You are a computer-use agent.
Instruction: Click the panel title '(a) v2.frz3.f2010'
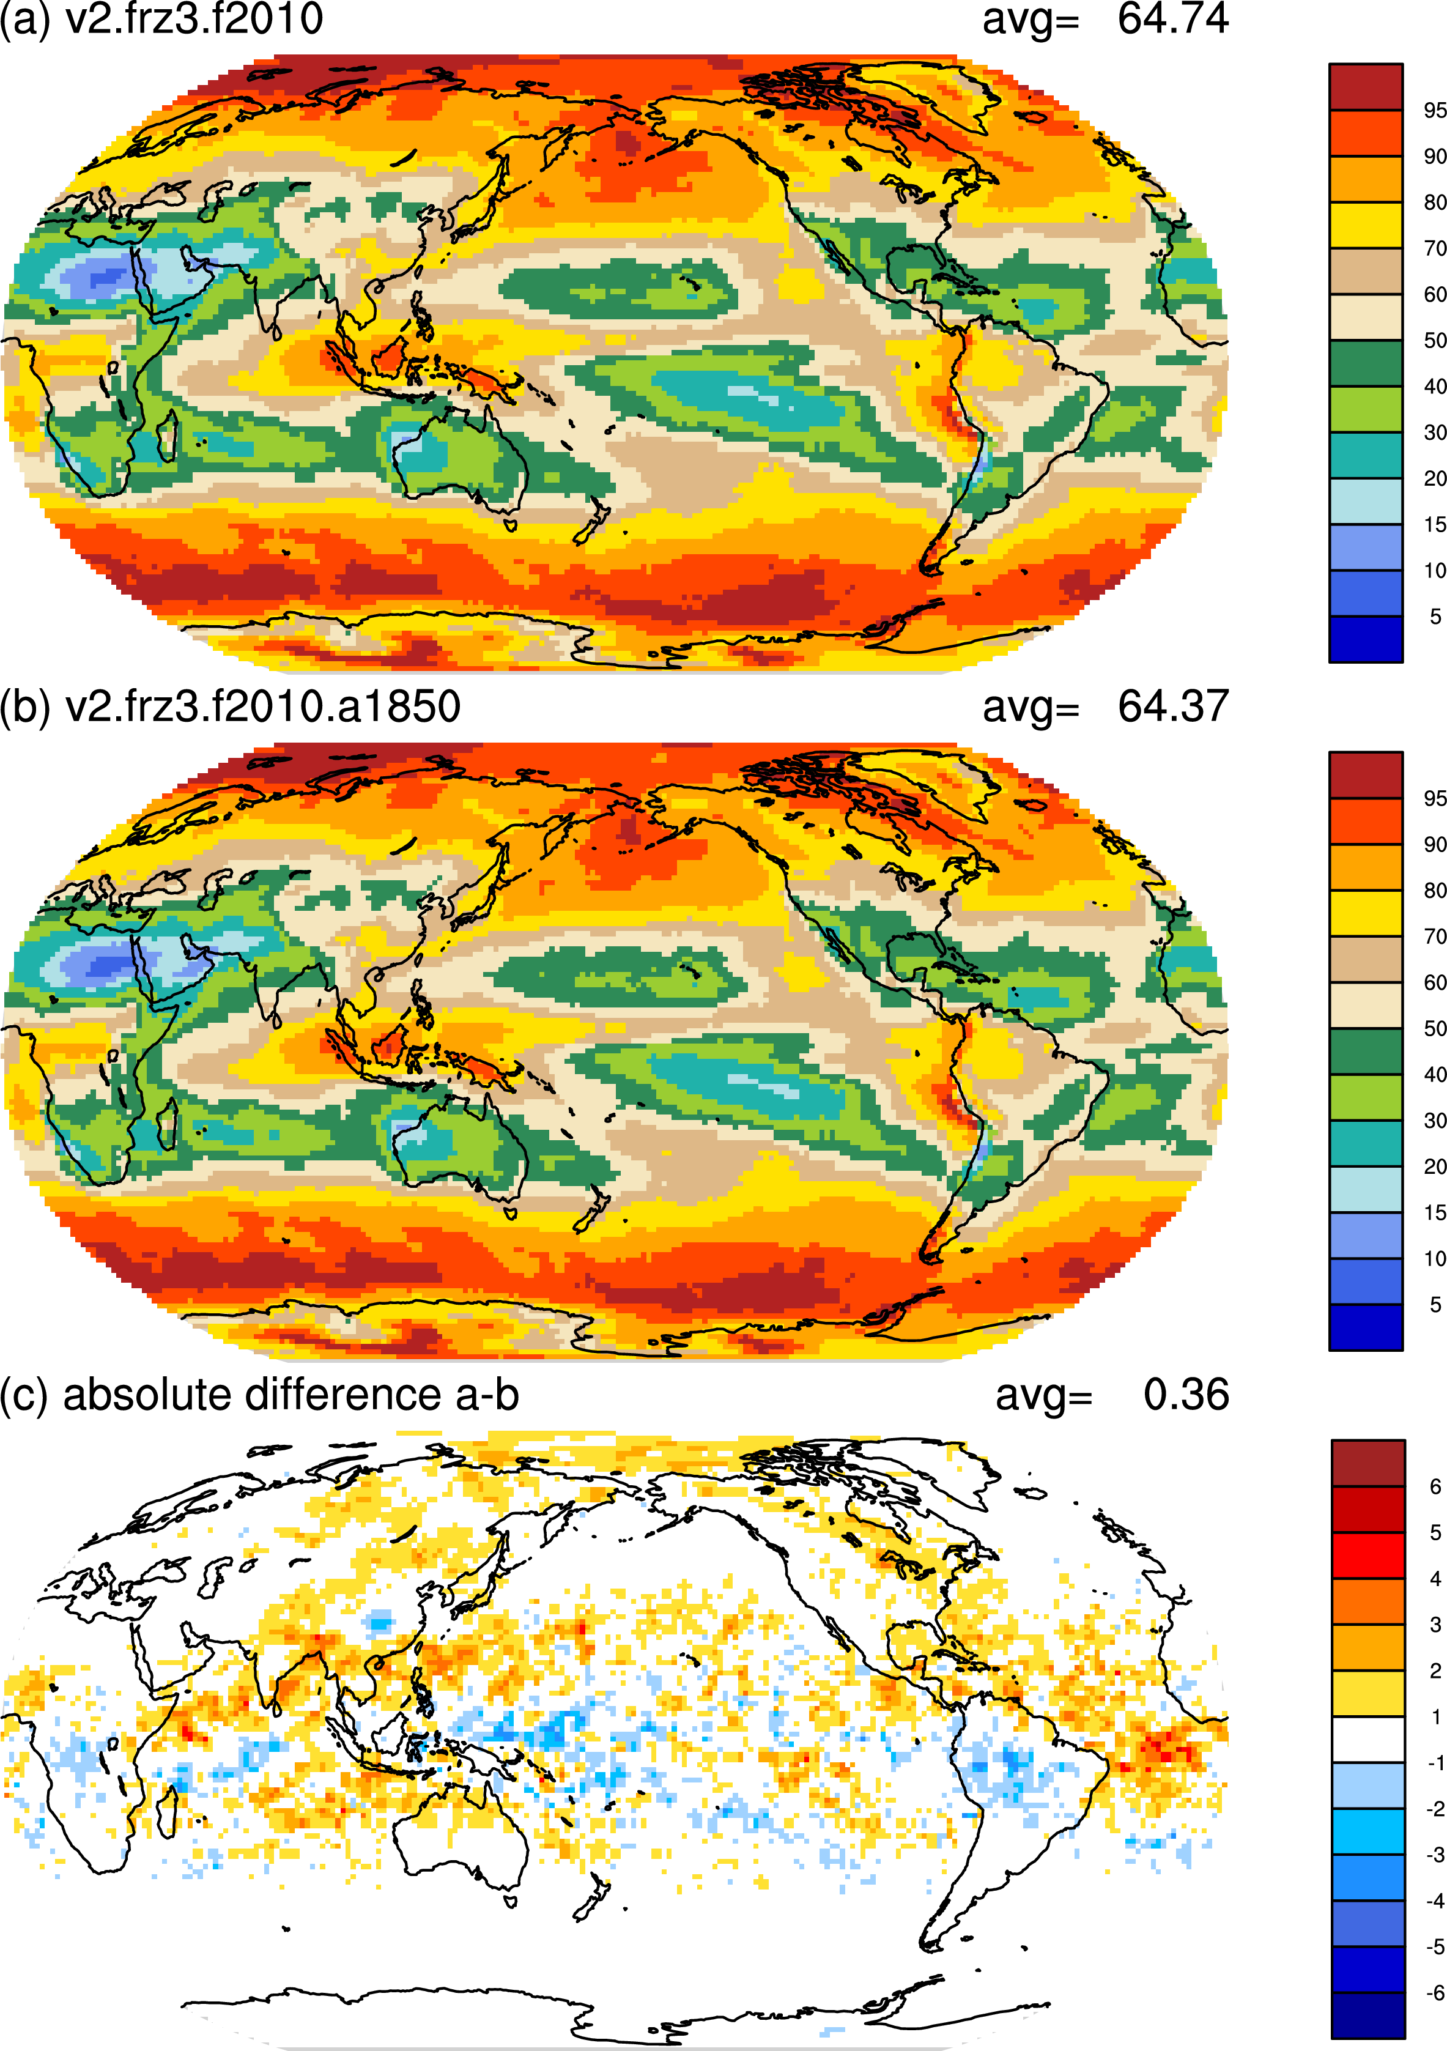(161, 20)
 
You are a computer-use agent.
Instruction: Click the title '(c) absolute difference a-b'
(259, 1395)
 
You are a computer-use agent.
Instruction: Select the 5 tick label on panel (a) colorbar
(1435, 617)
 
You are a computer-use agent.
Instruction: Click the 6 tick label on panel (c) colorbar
(1435, 1486)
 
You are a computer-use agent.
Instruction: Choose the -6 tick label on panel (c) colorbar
(1435, 1993)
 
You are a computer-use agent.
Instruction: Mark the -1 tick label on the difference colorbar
(1435, 1762)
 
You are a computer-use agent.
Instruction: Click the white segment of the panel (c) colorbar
(1367, 1739)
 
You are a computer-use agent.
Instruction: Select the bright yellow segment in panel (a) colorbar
(1366, 225)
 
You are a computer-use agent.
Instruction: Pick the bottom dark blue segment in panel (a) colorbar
(1366, 639)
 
